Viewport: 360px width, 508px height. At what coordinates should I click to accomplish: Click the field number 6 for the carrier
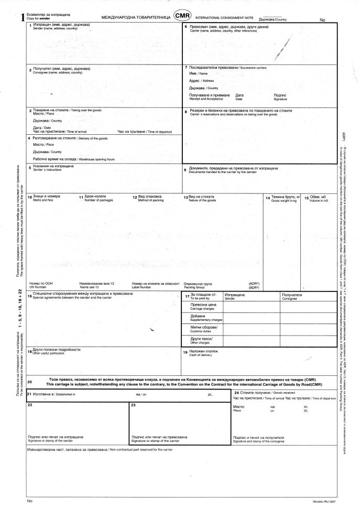[x=186, y=26]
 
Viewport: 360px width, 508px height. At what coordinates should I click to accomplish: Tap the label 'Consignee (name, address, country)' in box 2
[x=57, y=72]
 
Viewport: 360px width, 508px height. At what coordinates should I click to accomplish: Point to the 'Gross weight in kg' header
[x=284, y=201]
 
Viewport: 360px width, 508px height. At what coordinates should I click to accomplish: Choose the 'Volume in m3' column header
[x=319, y=201]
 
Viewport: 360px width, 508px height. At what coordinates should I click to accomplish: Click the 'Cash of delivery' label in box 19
[x=200, y=355]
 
